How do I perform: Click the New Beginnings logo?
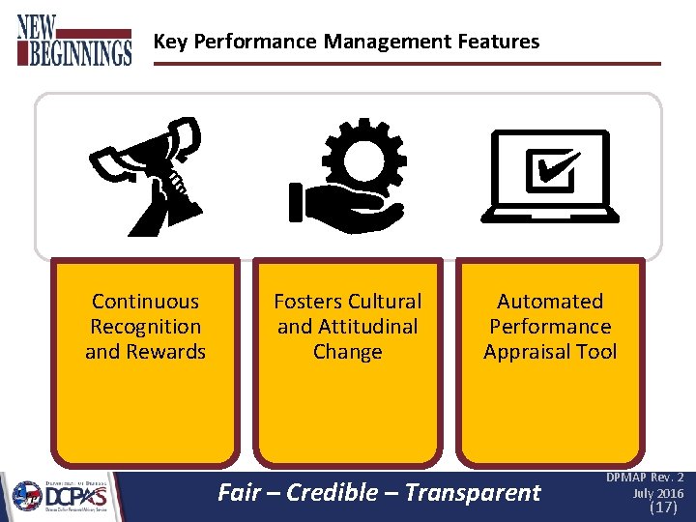coord(73,40)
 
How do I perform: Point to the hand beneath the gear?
coord(343,206)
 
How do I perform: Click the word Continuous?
coord(145,302)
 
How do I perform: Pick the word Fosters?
coord(308,302)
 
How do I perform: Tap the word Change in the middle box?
coord(347,352)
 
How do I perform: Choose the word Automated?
coord(550,302)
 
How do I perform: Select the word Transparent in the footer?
coord(473,492)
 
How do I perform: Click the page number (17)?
coord(663,507)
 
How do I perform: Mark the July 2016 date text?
coord(658,493)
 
